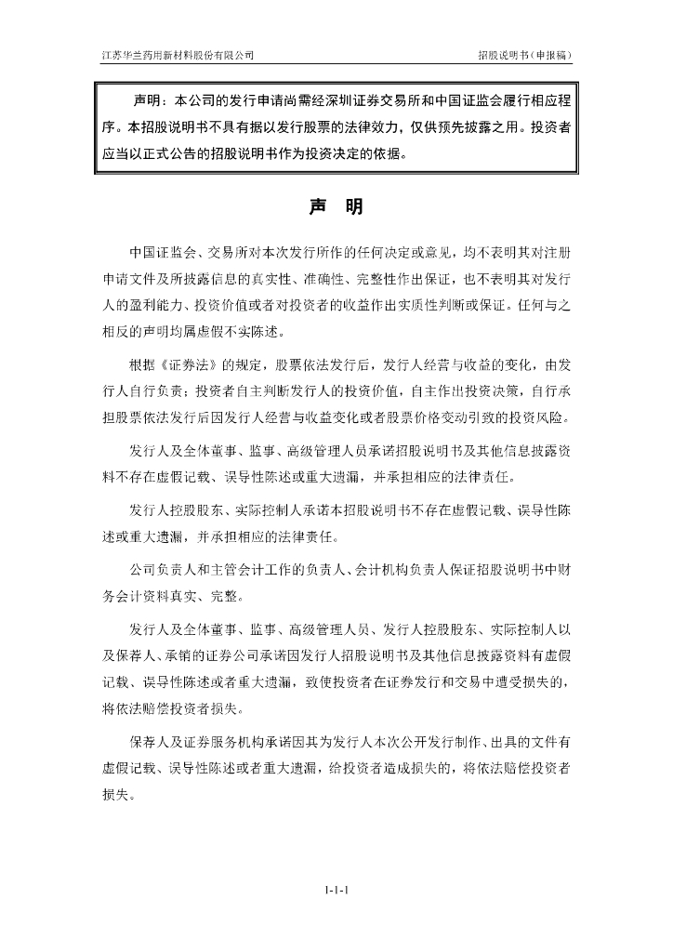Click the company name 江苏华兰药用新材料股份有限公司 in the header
178,56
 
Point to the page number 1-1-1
336,890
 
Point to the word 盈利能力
159,304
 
